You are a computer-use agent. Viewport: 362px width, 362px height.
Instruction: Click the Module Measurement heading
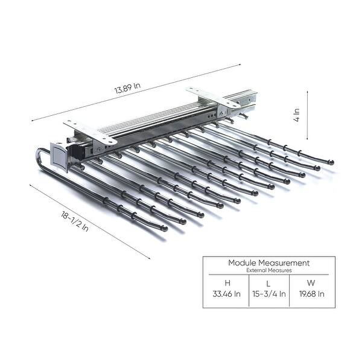coord(268,263)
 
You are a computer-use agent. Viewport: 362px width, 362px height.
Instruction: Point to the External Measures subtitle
coord(268,271)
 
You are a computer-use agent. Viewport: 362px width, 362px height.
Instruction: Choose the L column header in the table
coord(268,283)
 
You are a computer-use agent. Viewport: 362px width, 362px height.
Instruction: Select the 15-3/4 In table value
coord(268,294)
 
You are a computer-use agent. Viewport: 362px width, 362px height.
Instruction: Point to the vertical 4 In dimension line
coord(308,115)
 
